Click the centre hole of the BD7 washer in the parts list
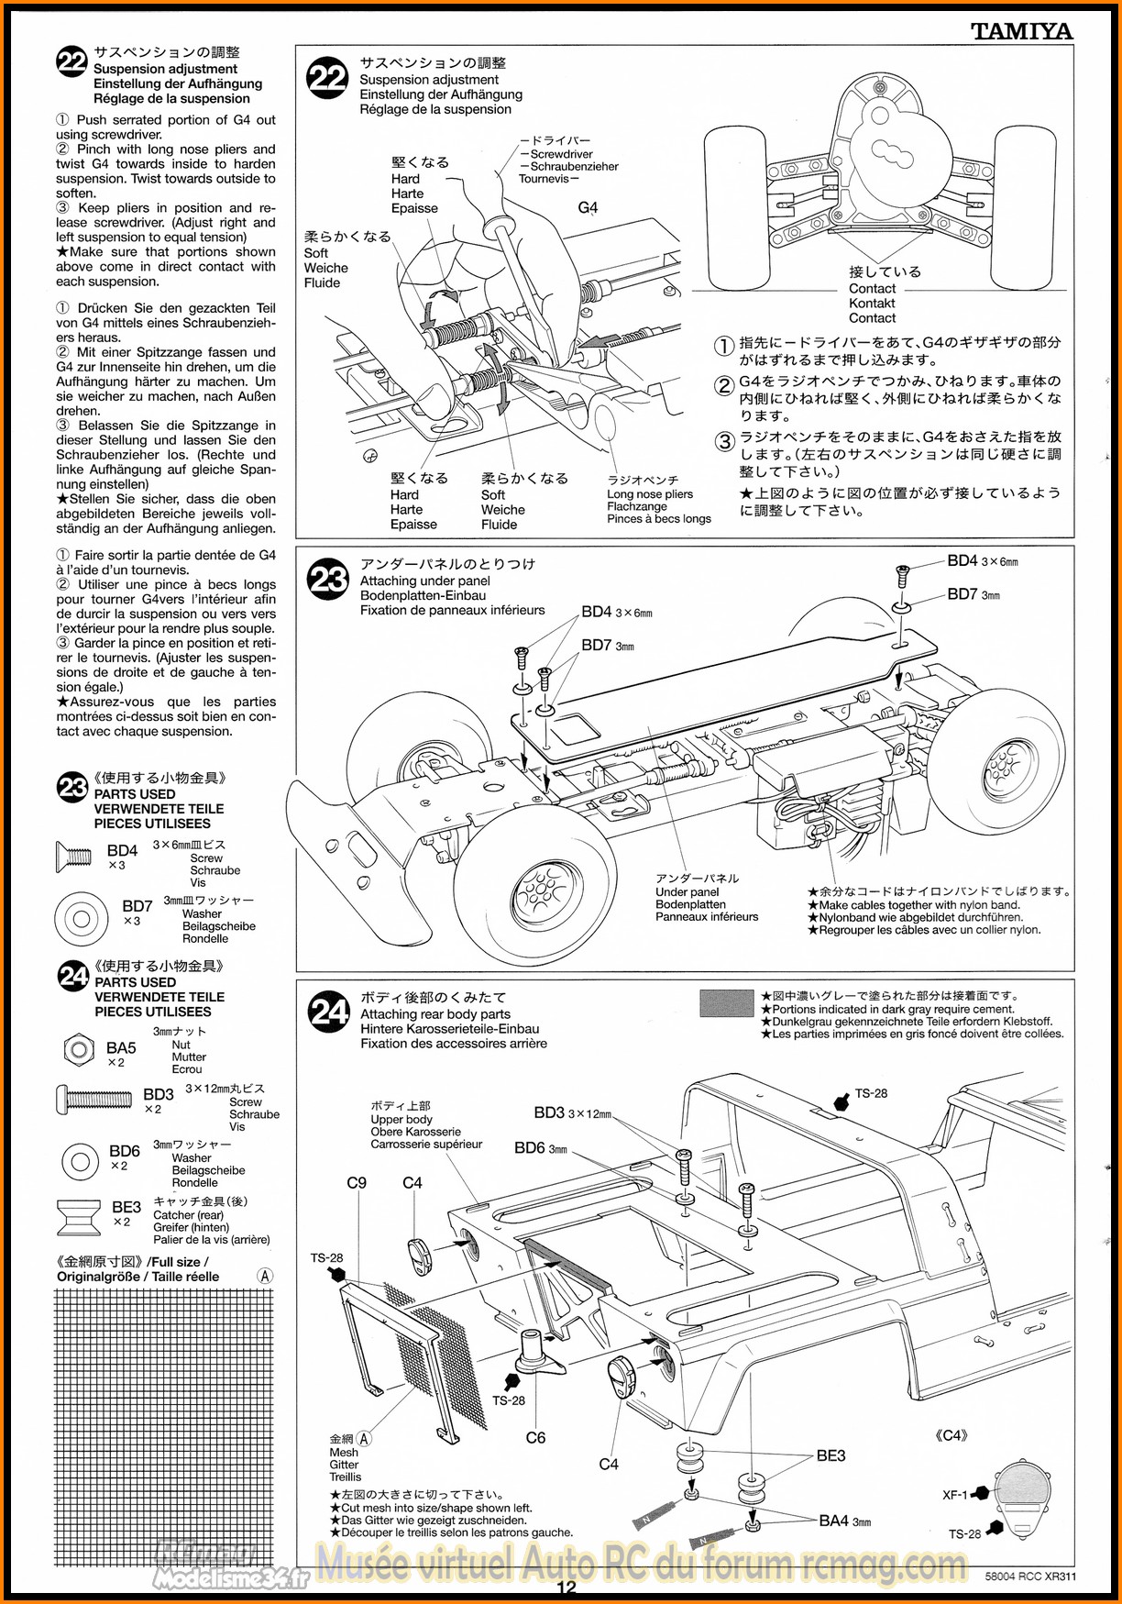click(81, 919)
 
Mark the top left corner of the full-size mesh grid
click(55, 1290)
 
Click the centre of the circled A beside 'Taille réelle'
click(265, 1276)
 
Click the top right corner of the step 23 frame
click(1074, 548)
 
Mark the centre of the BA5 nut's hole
click(79, 1049)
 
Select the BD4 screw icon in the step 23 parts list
click(73, 857)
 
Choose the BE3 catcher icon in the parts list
click(79, 1218)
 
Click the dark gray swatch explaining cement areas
click(726, 1003)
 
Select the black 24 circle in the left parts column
click(73, 976)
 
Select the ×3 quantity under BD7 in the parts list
click(132, 921)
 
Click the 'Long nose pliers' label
click(650, 493)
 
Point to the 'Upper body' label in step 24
click(401, 1119)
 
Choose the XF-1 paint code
click(955, 1494)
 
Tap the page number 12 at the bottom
click(566, 1587)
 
